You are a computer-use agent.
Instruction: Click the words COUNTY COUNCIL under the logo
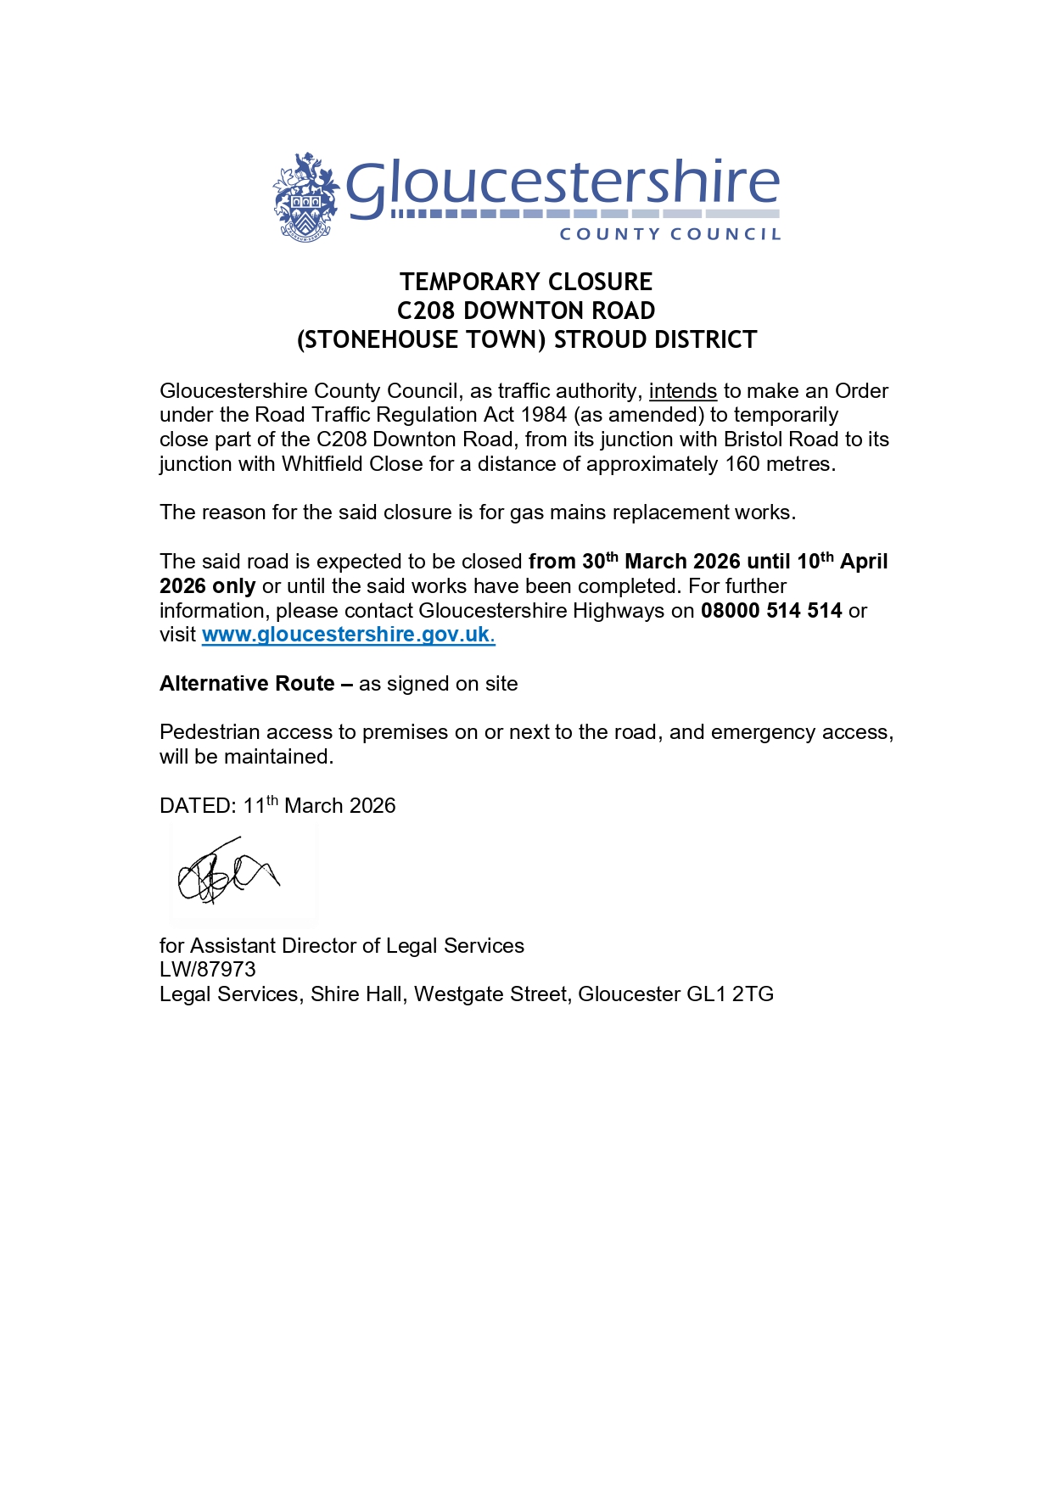click(x=669, y=234)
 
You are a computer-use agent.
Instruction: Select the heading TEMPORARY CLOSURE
click(x=526, y=282)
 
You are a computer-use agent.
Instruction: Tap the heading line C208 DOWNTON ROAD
click(x=526, y=311)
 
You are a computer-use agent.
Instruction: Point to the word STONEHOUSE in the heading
click(x=377, y=340)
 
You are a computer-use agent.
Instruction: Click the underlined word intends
click(x=683, y=391)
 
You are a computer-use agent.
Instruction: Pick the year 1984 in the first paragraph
click(x=544, y=415)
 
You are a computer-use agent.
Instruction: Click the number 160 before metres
click(x=742, y=464)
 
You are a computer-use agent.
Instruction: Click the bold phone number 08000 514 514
click(x=771, y=611)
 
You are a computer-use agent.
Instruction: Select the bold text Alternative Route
click(x=247, y=684)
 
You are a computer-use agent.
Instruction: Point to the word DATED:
click(x=198, y=806)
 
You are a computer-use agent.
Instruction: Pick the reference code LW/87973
click(x=208, y=970)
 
